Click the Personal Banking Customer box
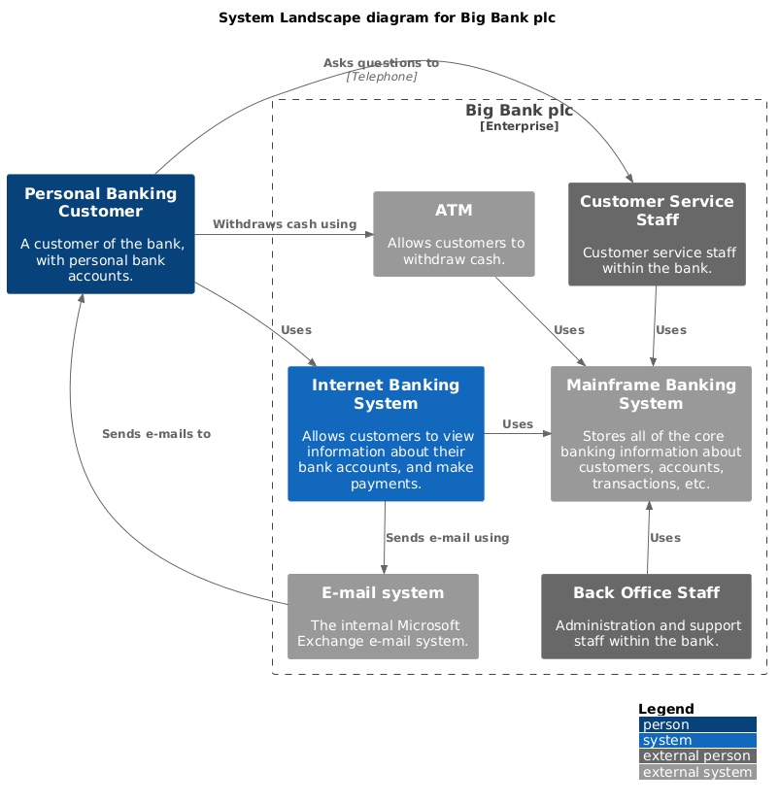(x=101, y=234)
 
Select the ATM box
(x=454, y=234)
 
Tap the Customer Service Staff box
(x=657, y=234)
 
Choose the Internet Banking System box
(x=386, y=433)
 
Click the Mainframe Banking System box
(x=651, y=433)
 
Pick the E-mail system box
(x=383, y=616)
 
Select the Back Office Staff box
(x=646, y=616)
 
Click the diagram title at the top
(x=387, y=17)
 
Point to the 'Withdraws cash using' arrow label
(x=285, y=224)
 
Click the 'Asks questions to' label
(x=381, y=63)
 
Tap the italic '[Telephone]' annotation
(x=382, y=76)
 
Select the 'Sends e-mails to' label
(x=156, y=434)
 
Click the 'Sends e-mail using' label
(x=447, y=538)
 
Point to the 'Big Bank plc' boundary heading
(x=519, y=111)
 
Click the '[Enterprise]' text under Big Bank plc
(x=519, y=126)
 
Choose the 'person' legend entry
(x=696, y=724)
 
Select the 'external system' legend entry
(x=696, y=772)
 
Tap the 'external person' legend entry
(x=696, y=755)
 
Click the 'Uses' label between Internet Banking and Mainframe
(x=518, y=424)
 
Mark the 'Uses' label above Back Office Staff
(x=665, y=538)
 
